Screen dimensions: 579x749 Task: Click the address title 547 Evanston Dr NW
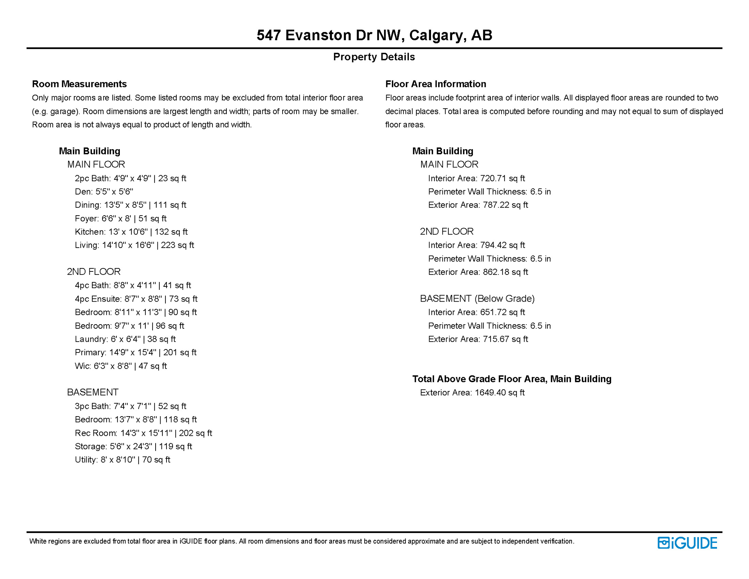[x=374, y=35]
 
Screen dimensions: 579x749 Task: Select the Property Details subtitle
[x=374, y=57]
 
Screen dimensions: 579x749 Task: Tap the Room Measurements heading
[x=79, y=84]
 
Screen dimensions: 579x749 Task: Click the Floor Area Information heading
[x=436, y=84]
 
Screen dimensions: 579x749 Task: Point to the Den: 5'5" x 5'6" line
[x=104, y=191]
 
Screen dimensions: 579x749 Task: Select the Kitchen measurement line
[x=131, y=232]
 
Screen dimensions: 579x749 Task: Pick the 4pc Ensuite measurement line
[x=136, y=299]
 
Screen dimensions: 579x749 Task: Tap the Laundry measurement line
[x=125, y=339]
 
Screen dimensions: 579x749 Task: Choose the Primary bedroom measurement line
[x=136, y=352]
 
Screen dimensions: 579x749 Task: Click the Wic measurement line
[x=121, y=366]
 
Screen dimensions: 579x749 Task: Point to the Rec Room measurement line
[x=143, y=433]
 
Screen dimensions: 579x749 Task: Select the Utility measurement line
[x=122, y=460]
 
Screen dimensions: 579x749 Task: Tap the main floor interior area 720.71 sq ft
[x=502, y=178]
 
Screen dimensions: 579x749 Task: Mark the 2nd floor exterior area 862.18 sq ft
[x=505, y=272]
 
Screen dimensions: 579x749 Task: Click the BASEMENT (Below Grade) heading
[x=477, y=299]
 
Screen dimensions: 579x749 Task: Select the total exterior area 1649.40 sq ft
[x=499, y=393]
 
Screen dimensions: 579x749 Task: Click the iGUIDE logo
[x=687, y=543]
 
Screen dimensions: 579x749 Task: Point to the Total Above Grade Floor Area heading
[x=512, y=379]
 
